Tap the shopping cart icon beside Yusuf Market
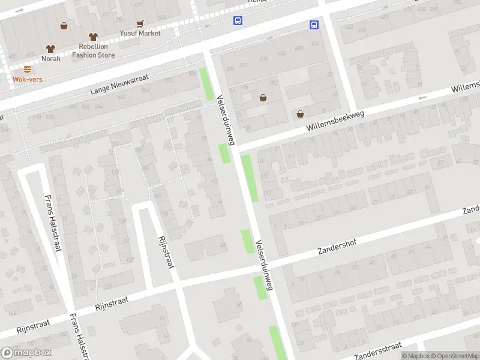[140, 24]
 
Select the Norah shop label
[50, 58]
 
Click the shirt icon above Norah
[50, 49]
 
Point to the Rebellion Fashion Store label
[93, 50]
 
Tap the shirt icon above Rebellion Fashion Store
[93, 37]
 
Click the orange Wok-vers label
[27, 79]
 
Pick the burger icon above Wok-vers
[27, 69]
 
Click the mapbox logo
[26, 352]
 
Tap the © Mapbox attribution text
[416, 355]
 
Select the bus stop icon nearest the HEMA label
[238, 21]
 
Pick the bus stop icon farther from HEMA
[314, 25]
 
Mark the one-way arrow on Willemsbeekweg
[423, 97]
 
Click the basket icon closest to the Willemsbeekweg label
[300, 114]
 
